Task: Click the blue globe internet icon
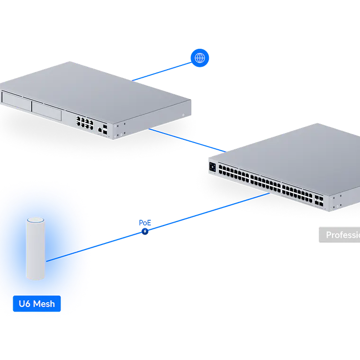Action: tap(200, 58)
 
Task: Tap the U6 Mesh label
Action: tap(36, 304)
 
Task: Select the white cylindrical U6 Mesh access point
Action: tap(36, 249)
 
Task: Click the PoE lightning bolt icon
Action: tap(144, 232)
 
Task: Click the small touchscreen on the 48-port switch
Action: tap(213, 167)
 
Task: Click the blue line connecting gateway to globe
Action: tap(161, 71)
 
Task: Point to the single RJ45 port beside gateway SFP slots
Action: tap(100, 129)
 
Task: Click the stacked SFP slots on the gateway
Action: tap(105, 129)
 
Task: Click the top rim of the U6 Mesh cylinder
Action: tap(36, 221)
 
